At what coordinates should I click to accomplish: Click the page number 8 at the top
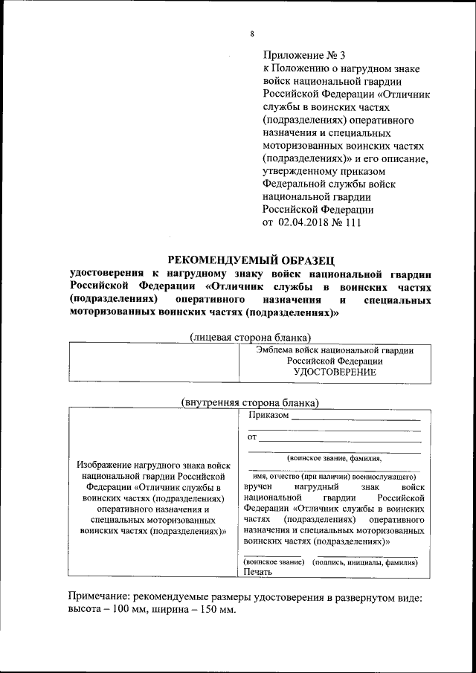(x=252, y=34)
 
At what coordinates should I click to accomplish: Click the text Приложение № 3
(x=304, y=55)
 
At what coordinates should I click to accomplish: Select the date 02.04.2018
(x=308, y=223)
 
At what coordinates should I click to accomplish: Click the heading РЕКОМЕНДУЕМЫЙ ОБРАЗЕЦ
(x=251, y=260)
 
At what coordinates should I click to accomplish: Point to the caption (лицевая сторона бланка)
(x=251, y=336)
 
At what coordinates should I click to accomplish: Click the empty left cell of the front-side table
(x=152, y=361)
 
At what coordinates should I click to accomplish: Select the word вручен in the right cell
(x=260, y=486)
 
